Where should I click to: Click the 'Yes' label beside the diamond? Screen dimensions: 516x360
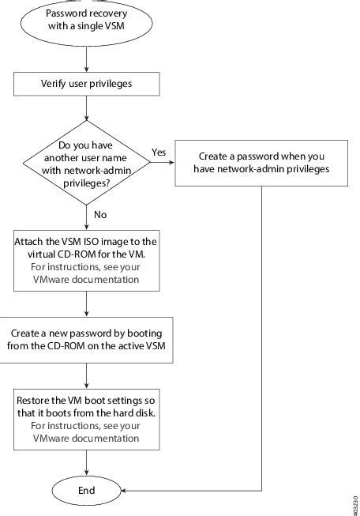(159, 153)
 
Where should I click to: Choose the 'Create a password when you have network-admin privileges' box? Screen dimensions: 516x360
(261, 162)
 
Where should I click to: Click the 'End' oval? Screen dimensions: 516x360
(86, 490)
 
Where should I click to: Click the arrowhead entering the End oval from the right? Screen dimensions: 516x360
(126, 490)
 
